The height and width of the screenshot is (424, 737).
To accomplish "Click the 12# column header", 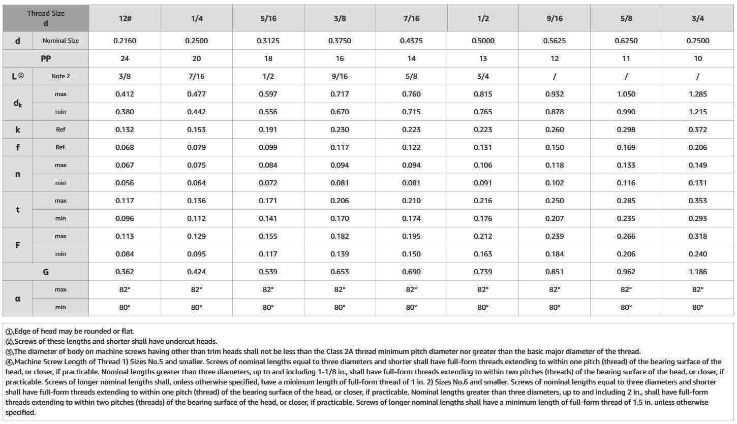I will pos(125,18).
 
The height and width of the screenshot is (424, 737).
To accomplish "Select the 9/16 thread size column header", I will pos(555,18).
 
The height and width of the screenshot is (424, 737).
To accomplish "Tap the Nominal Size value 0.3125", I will pos(268,41).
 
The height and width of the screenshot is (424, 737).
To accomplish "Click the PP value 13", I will pos(483,58).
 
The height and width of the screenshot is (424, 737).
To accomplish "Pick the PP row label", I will pos(46,58).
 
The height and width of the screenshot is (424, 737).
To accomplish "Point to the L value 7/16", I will pos(196,76).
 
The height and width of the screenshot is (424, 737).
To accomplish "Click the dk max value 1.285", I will pos(698,94).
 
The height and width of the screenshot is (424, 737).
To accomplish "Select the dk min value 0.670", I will pos(340,112).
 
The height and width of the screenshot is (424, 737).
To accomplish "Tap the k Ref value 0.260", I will pos(555,129).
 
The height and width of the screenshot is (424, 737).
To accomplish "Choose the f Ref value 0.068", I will pos(125,147).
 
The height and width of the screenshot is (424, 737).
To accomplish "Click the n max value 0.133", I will pos(626,165).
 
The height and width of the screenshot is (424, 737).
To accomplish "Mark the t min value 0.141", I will pos(268,218).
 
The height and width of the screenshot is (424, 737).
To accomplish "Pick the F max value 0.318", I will pos(698,236).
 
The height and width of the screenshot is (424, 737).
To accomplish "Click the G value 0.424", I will pos(196,272).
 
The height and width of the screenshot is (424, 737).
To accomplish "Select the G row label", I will pos(46,272).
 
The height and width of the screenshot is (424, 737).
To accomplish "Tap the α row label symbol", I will pos(18,299).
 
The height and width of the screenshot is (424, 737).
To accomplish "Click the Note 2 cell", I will pos(60,76).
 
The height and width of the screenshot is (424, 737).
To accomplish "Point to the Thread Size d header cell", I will pos(46,18).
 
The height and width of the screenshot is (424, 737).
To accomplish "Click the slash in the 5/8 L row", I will pos(626,76).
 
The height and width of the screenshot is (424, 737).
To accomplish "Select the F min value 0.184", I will pos(555,254).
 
